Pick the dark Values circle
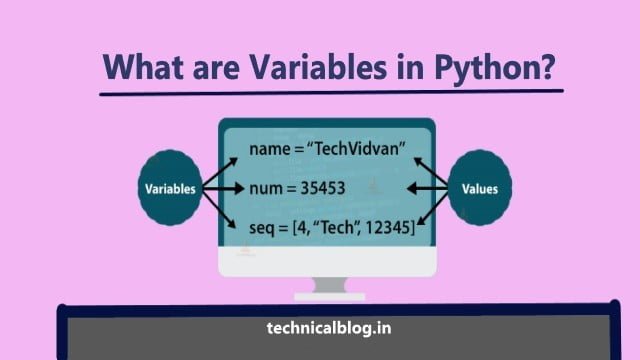point(480,188)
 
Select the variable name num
point(267,188)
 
